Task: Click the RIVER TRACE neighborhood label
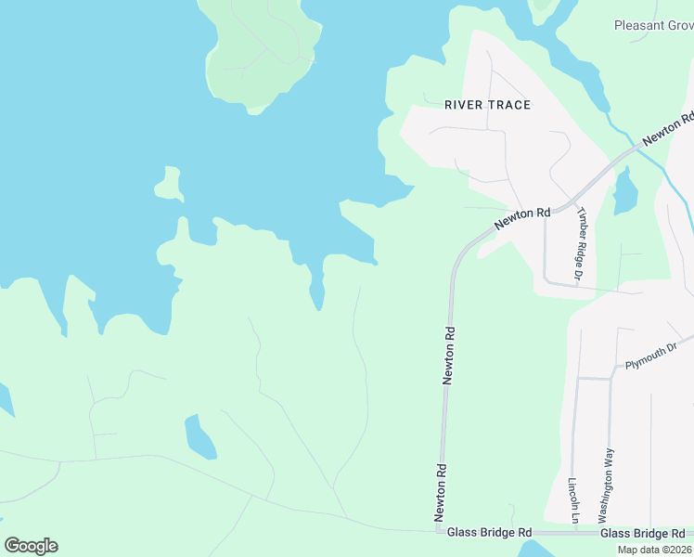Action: coord(487,105)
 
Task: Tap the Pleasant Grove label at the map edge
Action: coord(653,25)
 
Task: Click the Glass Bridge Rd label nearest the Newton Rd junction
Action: coord(489,533)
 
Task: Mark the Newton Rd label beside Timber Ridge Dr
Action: coord(522,217)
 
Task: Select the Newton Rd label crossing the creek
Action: coord(669,128)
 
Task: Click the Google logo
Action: coord(31,546)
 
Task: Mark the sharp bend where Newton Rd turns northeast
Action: coord(457,255)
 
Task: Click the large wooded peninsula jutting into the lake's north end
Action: coord(264,51)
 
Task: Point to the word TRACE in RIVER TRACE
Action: coord(509,105)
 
